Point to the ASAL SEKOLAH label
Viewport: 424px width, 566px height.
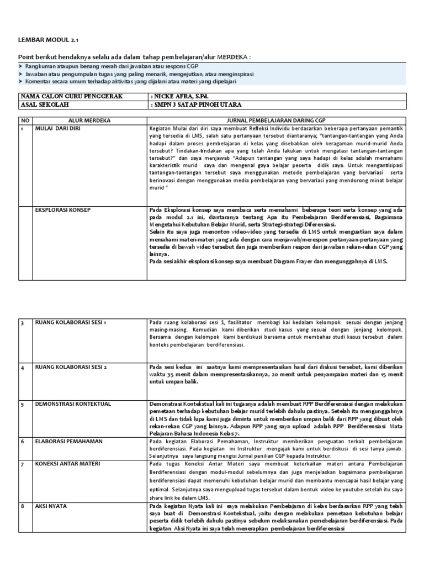42,104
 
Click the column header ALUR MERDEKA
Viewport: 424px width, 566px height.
89,120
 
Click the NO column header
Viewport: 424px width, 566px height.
24,120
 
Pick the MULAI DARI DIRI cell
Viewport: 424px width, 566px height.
58,128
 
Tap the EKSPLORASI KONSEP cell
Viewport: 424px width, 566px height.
62,210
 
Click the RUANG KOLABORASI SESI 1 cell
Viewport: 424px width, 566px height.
70,322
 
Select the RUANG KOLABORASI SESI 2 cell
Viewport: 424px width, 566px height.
70,367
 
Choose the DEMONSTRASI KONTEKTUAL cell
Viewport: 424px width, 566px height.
73,404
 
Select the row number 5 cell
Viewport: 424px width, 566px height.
23,404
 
